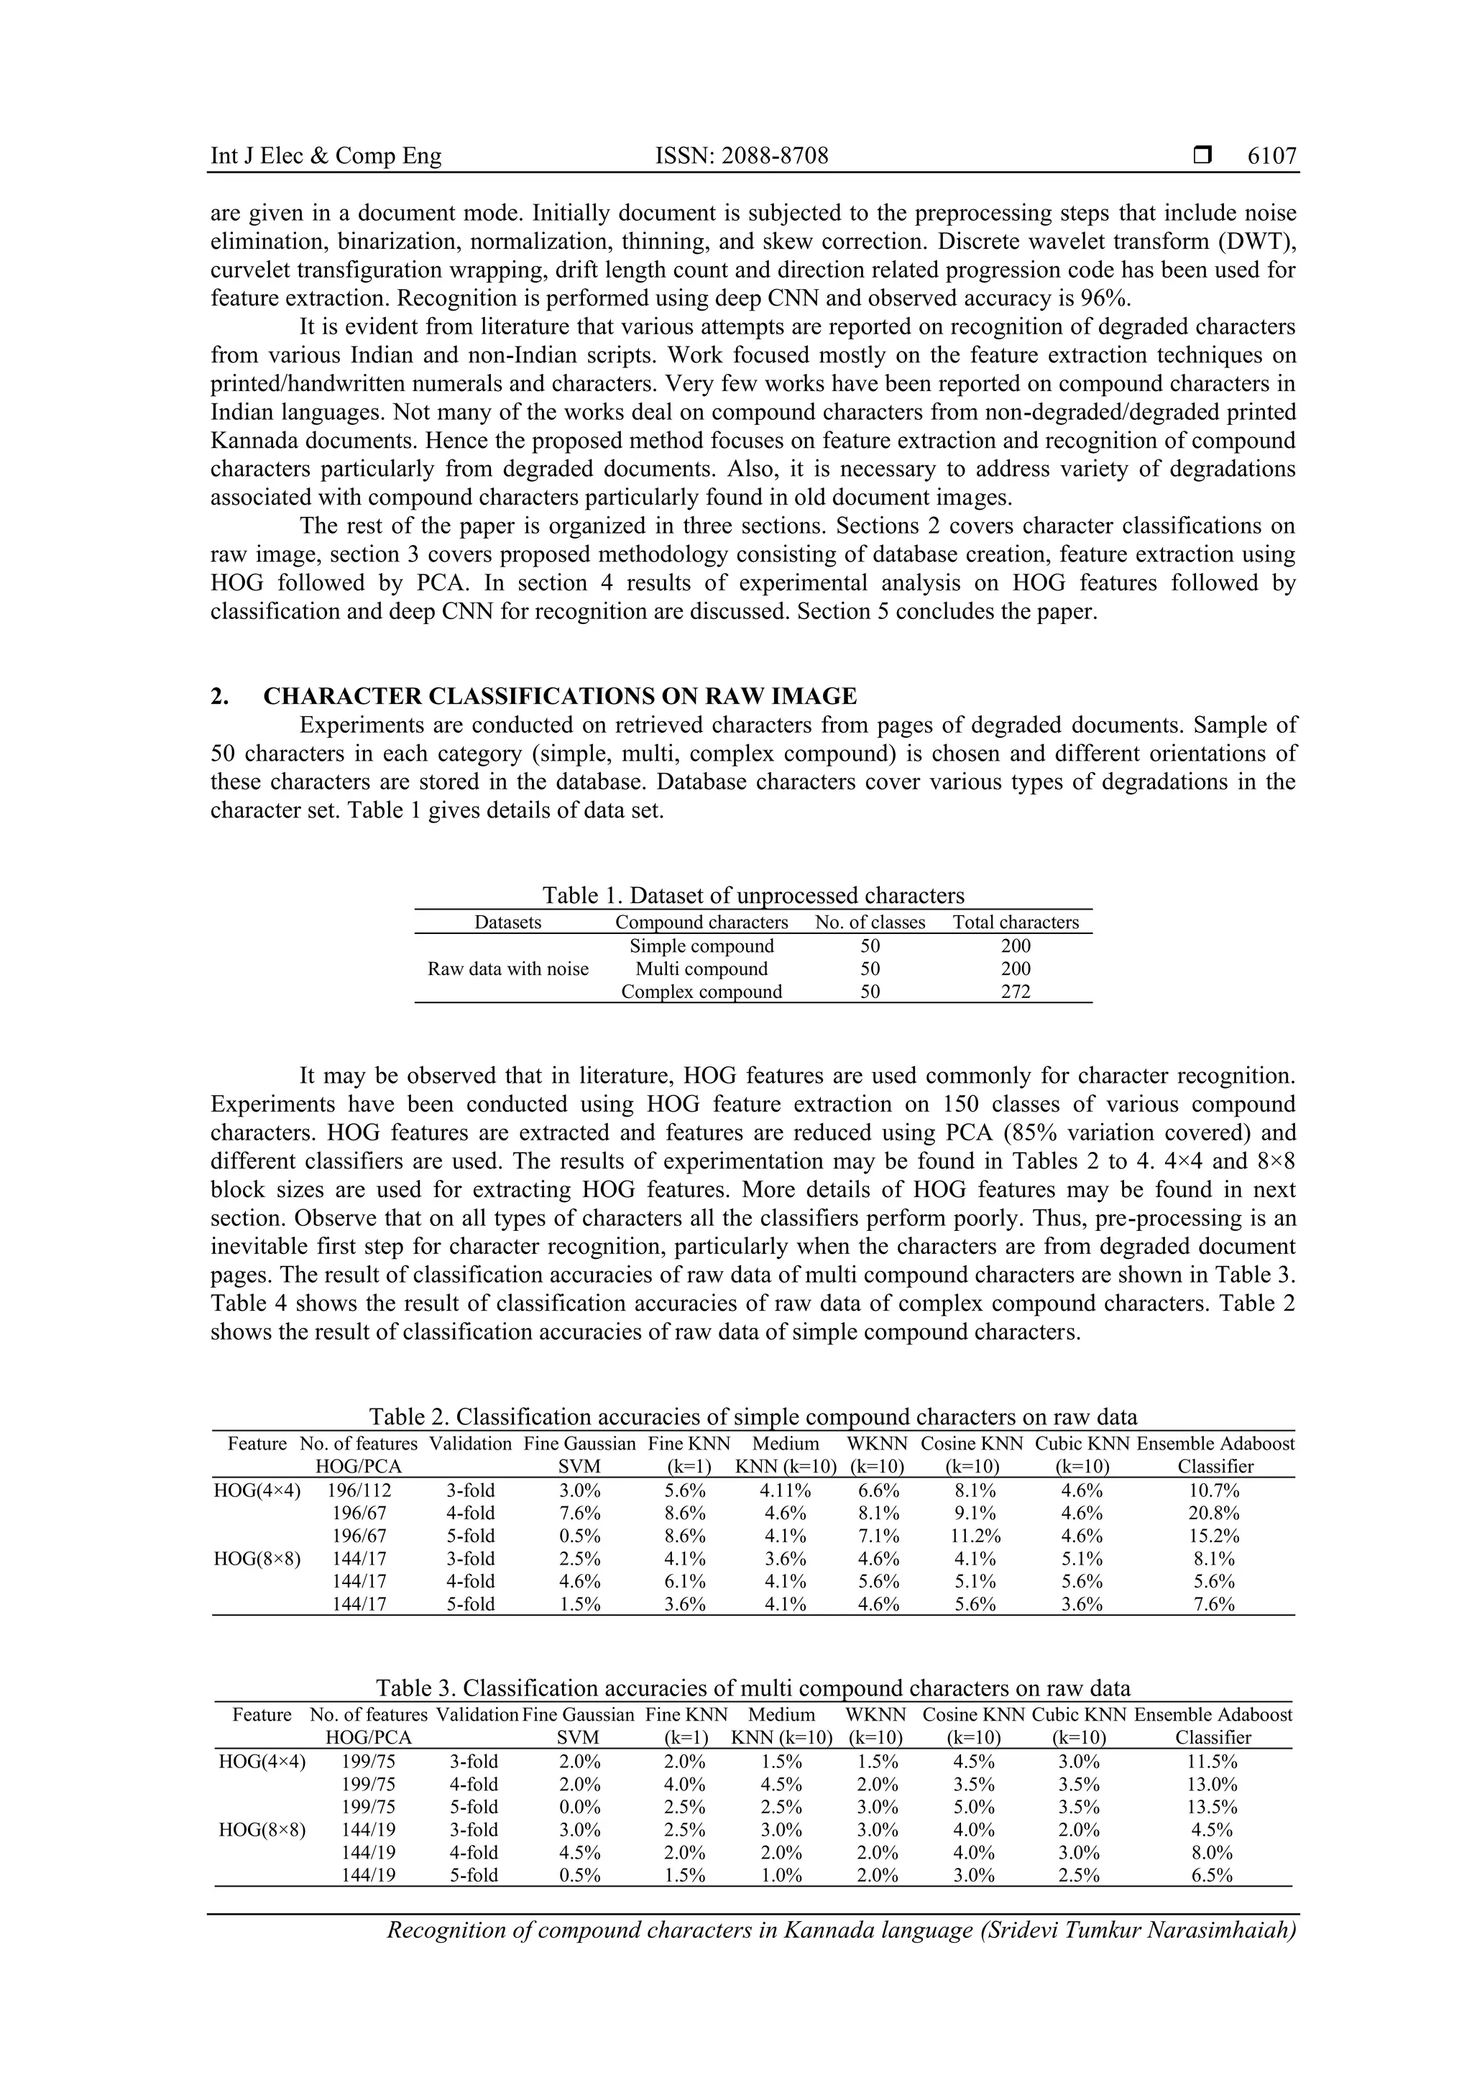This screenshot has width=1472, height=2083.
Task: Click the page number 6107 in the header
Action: click(x=1271, y=156)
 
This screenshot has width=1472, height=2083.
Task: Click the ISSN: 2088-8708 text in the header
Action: click(x=741, y=156)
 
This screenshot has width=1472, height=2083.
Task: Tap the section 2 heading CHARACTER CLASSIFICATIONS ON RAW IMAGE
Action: click(x=560, y=696)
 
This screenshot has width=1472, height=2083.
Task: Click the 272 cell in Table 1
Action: click(x=1015, y=992)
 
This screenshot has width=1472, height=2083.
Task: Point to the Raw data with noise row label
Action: click(x=508, y=969)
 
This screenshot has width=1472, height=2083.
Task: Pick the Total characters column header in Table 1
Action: click(x=1015, y=923)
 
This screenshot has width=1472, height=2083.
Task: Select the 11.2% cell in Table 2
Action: click(x=971, y=1536)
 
